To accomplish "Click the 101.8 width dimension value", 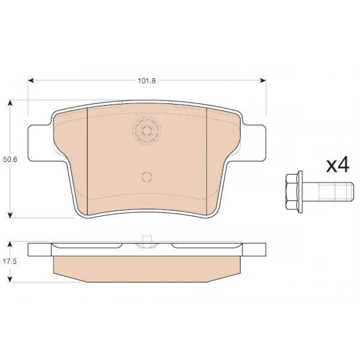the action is (x=147, y=81).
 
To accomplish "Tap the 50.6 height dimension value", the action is (x=10, y=159).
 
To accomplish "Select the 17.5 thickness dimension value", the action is (x=10, y=261).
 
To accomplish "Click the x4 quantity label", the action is (x=338, y=165).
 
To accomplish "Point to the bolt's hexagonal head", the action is (x=292, y=192).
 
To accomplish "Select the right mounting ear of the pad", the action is (x=254, y=143).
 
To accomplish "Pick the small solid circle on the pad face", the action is (x=147, y=177).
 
